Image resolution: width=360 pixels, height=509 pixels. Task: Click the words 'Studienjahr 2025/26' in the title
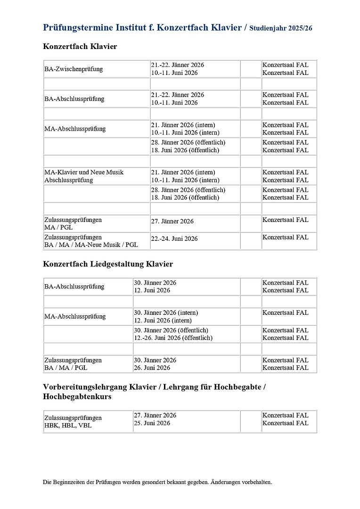tap(281, 28)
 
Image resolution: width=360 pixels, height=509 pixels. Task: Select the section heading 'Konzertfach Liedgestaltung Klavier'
tap(108, 264)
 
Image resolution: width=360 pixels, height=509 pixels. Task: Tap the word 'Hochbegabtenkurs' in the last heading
tap(77, 397)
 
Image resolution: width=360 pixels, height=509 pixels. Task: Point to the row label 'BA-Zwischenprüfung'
tap(74, 69)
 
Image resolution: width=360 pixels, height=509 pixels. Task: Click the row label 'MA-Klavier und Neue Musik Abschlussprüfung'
tap(84, 176)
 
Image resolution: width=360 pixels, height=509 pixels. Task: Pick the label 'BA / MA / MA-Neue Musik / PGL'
tap(91, 245)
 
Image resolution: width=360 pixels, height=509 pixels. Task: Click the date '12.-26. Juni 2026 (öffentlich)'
tap(173, 338)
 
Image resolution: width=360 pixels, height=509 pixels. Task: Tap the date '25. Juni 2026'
tap(152, 423)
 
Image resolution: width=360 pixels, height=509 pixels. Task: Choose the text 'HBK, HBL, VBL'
tap(68, 426)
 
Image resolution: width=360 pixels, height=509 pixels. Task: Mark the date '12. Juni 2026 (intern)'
tap(163, 320)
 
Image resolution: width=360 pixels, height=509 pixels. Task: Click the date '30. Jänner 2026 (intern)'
tap(166, 313)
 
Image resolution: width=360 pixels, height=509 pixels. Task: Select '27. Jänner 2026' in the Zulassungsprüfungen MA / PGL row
tap(172, 222)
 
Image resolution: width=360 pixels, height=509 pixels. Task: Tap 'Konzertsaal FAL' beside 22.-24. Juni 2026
tap(286, 237)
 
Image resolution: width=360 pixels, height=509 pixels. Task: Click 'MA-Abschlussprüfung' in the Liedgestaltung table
tap(75, 316)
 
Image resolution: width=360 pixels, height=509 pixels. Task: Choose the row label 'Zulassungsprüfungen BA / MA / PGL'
tap(73, 364)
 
